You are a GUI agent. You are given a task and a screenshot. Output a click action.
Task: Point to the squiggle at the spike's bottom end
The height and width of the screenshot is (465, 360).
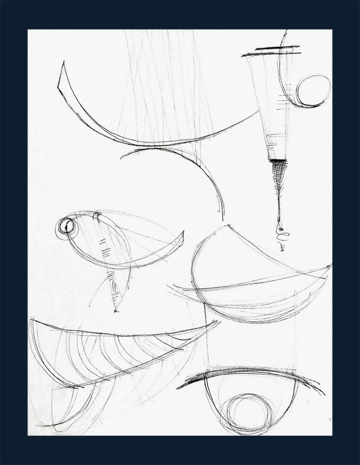[282, 238]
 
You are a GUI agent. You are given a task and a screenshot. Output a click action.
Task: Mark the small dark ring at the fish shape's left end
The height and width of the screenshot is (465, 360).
[67, 225]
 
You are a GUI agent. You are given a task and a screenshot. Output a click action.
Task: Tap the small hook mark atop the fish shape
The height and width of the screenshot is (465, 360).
[96, 215]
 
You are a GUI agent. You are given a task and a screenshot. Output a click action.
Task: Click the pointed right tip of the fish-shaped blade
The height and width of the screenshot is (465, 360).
[183, 232]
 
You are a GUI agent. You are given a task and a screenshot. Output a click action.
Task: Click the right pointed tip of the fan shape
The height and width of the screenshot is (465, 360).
[219, 322]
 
